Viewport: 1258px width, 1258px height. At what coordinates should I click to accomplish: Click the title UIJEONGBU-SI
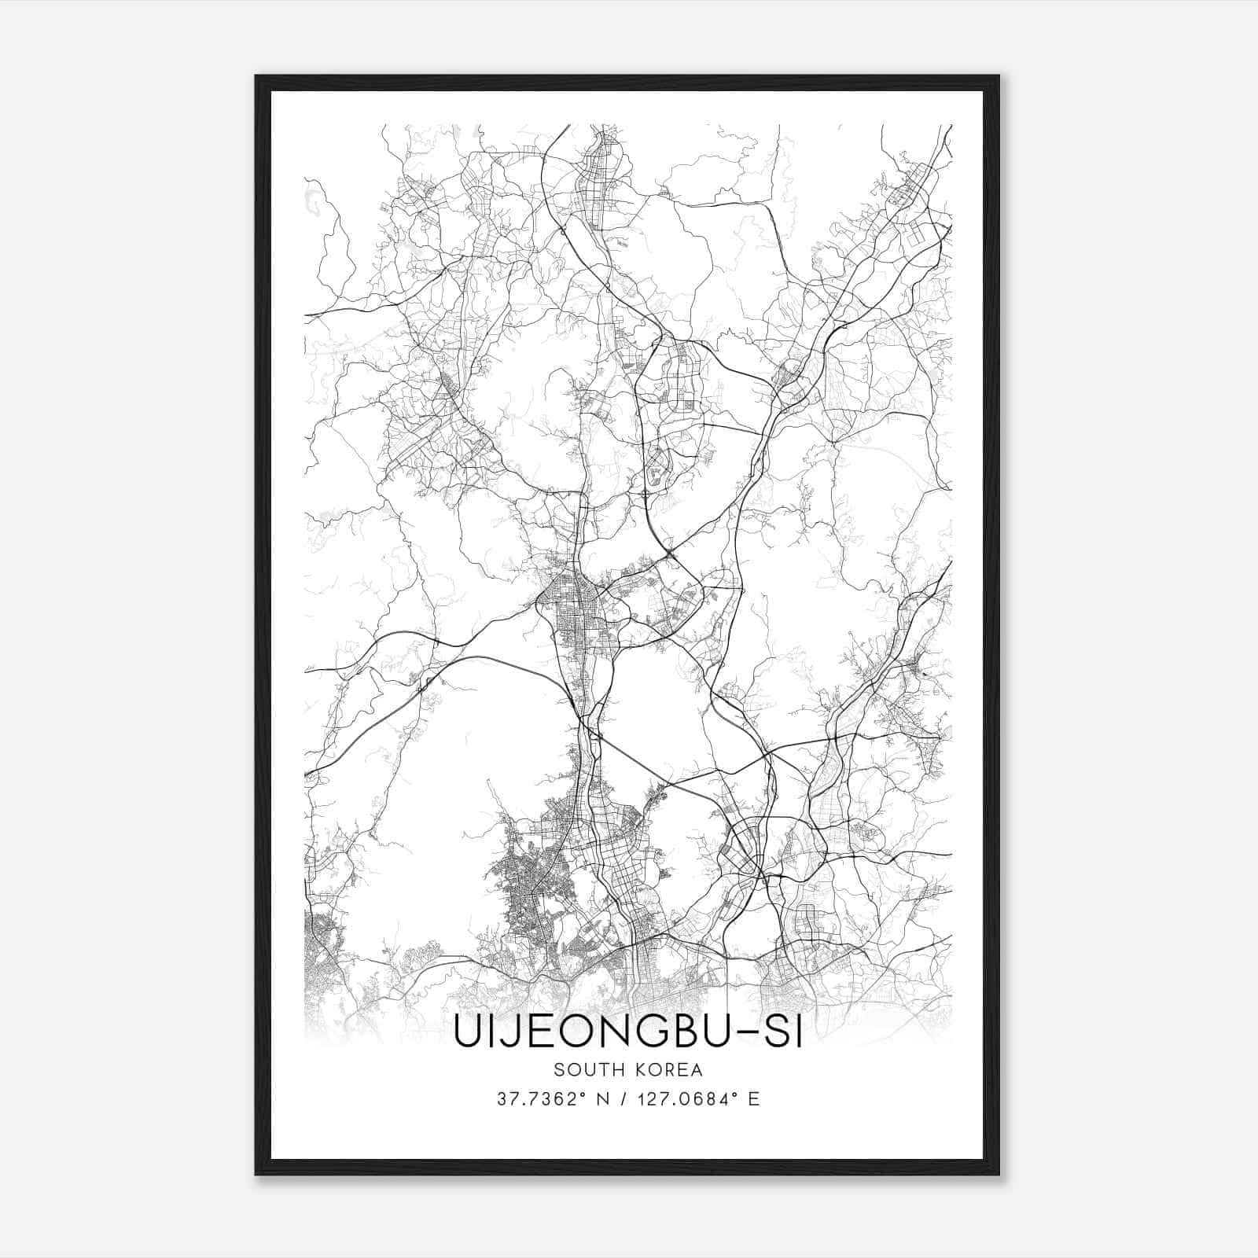pos(627,1033)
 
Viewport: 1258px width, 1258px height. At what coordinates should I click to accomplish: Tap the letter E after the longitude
pos(754,1099)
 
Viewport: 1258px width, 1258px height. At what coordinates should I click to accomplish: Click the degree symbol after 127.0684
pos(737,1094)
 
